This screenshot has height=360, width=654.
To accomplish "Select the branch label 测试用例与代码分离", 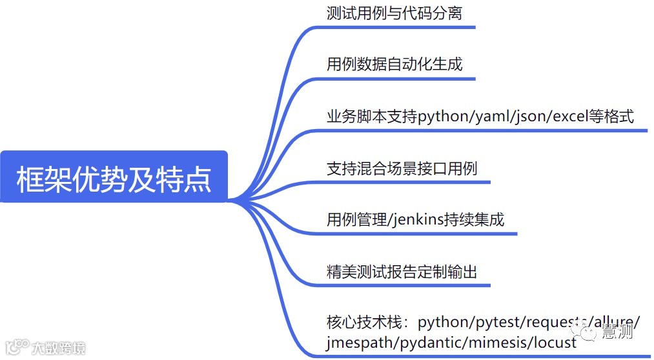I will (394, 13).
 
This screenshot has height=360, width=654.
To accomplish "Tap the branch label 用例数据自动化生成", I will (394, 65).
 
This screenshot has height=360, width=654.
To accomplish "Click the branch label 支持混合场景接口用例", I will (402, 169).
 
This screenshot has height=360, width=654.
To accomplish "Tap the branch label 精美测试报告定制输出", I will (402, 272).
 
